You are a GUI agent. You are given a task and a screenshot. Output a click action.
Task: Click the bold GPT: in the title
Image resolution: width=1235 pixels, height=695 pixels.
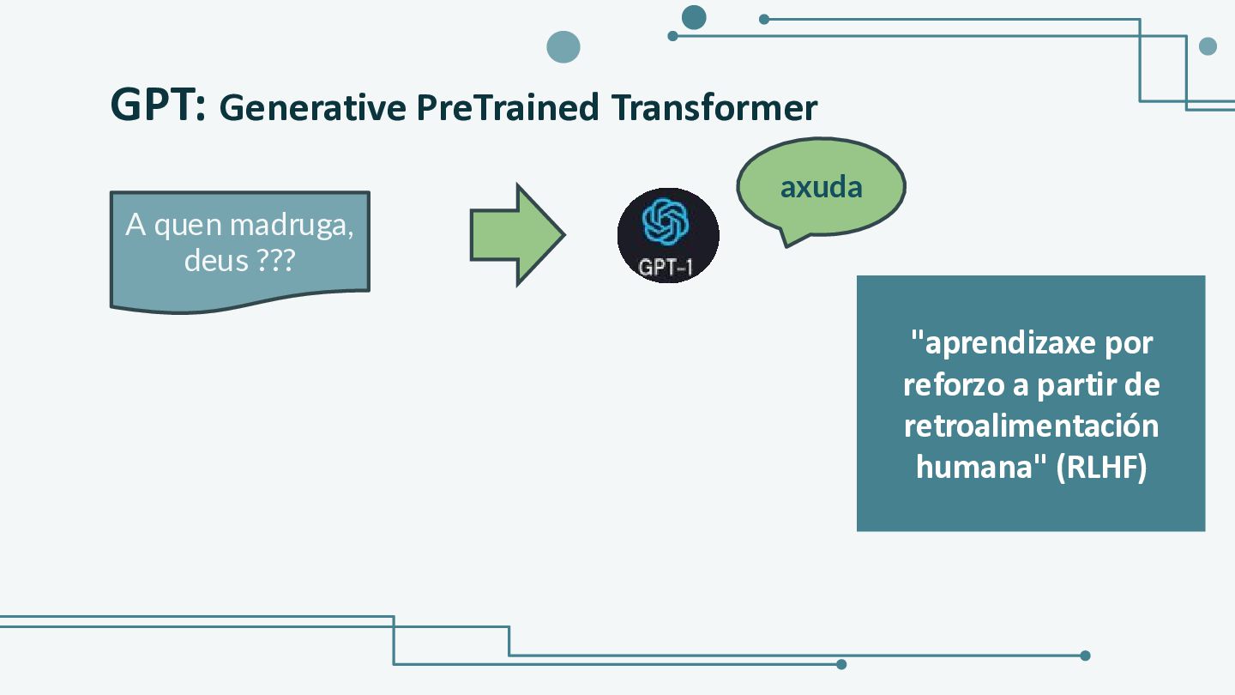tap(158, 105)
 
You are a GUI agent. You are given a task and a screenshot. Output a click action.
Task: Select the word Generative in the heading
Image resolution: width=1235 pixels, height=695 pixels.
tap(312, 107)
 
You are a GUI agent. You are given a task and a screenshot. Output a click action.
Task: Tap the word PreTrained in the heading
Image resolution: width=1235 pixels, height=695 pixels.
tap(507, 107)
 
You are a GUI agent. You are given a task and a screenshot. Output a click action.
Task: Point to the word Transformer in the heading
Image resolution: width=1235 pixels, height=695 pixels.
tap(714, 107)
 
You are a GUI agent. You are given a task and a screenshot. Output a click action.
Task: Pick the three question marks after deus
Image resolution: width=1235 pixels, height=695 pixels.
tap(275, 260)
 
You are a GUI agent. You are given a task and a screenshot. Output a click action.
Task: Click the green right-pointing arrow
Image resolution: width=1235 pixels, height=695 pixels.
tap(517, 235)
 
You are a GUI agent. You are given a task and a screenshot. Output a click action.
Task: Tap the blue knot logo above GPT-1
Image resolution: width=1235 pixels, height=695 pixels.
tap(666, 221)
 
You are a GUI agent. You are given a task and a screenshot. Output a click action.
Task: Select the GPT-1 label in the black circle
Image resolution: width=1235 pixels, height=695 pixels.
tap(666, 268)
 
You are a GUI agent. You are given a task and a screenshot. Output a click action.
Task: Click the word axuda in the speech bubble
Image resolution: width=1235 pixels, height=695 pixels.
tap(821, 188)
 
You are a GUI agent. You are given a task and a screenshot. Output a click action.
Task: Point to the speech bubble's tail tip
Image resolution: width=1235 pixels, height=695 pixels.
tap(786, 246)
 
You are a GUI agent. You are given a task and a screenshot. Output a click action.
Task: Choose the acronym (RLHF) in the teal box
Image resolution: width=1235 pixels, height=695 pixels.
tap(1101, 467)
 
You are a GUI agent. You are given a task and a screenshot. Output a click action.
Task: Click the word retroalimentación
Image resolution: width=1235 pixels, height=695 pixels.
tap(1031, 426)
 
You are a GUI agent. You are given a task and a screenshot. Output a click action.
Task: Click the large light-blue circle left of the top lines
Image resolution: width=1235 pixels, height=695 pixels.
tap(563, 47)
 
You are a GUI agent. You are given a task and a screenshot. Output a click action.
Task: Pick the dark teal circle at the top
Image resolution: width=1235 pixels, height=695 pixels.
tap(694, 17)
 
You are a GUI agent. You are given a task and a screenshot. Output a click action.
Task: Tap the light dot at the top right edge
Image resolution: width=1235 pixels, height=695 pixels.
tap(1208, 46)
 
